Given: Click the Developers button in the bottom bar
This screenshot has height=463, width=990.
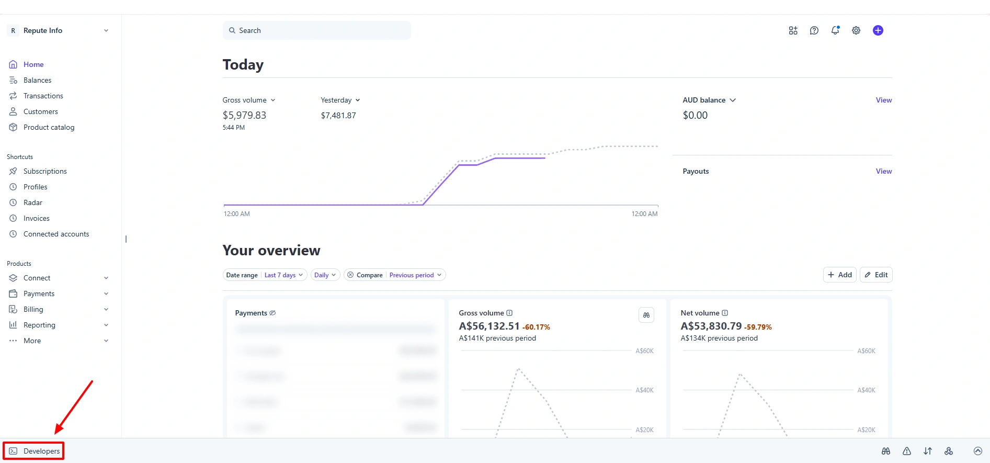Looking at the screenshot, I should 35,451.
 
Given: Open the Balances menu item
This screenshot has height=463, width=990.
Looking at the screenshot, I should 37,80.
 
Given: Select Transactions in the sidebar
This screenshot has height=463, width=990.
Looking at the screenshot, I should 43,96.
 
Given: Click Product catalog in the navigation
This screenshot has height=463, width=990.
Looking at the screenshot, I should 49,127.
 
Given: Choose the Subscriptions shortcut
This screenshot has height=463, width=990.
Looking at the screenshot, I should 45,171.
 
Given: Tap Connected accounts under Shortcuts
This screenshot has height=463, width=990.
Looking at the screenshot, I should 56,234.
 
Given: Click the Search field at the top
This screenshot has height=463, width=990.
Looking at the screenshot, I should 316,30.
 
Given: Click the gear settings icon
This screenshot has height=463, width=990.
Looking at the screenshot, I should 856,30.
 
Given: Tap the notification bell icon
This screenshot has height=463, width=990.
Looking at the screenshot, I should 835,30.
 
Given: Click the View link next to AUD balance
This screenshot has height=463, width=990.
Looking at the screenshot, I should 883,100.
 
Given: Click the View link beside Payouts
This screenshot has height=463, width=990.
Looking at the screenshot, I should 883,171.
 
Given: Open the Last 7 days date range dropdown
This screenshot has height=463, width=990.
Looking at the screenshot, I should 283,275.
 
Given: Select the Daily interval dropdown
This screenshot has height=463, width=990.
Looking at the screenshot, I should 325,275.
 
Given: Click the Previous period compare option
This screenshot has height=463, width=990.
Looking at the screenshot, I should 415,275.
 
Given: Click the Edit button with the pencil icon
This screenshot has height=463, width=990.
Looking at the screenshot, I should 876,275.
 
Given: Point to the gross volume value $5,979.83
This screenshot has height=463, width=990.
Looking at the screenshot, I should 244,115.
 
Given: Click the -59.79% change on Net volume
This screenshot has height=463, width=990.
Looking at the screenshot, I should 758,327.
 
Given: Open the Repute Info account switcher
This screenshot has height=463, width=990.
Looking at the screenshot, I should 59,30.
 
